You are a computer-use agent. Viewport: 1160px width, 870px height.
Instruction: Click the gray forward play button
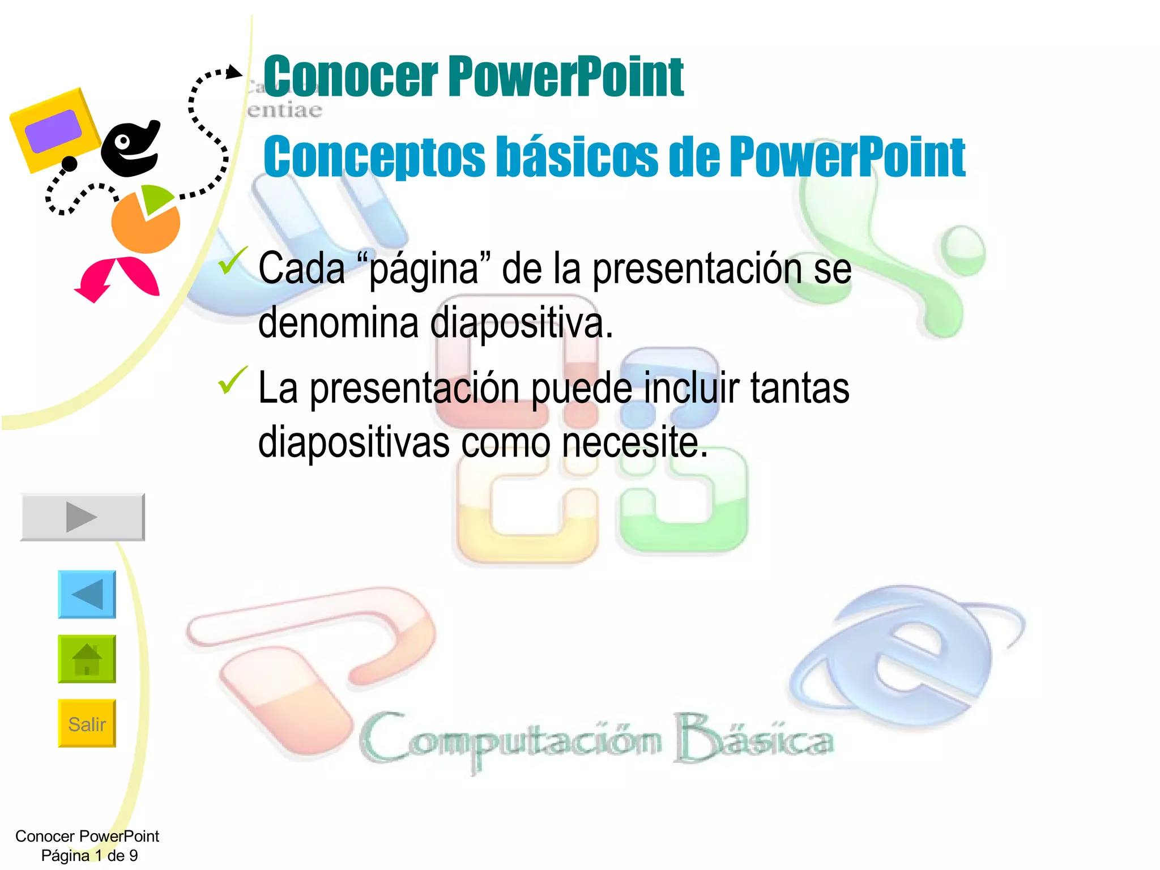point(83,517)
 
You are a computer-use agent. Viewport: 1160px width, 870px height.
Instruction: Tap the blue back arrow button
point(87,594)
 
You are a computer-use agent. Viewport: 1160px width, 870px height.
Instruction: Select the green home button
point(87,659)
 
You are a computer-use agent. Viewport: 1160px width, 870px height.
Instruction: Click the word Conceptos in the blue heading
point(374,157)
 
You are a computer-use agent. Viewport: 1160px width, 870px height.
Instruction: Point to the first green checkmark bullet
point(232,261)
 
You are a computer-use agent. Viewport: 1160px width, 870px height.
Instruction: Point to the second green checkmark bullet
point(232,380)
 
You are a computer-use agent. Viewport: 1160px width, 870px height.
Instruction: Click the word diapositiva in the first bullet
point(521,323)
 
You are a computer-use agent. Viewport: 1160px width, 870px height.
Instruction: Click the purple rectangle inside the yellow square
point(53,131)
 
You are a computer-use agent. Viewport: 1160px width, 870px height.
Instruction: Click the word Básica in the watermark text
point(753,739)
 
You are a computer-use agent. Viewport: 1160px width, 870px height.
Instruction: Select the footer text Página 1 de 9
point(89,855)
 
